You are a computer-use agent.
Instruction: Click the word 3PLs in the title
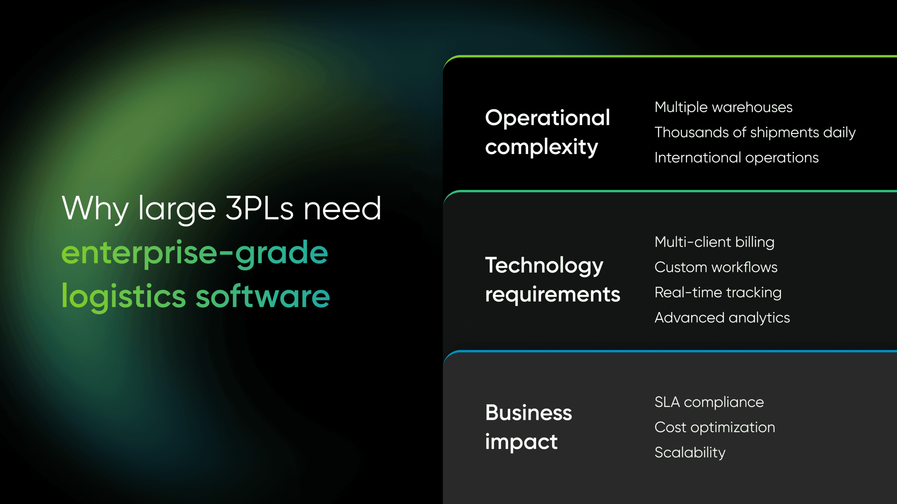pos(259,209)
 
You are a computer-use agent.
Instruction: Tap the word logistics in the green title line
pos(124,297)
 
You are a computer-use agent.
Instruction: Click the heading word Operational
pos(548,118)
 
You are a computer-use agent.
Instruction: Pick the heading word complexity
pos(542,147)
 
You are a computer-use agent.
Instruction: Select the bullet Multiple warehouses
pos(724,107)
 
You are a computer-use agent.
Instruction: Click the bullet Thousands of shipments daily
pos(755,133)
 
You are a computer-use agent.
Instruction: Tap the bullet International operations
pos(737,158)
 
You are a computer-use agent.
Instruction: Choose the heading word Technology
pos(544,266)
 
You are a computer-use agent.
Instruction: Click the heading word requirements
pos(553,295)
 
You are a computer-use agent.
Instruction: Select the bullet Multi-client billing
pos(714,242)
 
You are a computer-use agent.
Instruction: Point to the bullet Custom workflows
pos(716,267)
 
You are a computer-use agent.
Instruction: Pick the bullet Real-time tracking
pos(718,293)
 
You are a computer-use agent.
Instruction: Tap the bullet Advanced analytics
pos(722,318)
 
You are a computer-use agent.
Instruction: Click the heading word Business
pos(528,413)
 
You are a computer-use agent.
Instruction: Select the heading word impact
pos(521,442)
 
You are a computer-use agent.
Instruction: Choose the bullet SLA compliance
pos(709,402)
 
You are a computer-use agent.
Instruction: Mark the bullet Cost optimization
pos(715,427)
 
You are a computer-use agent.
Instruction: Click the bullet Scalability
pos(690,453)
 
